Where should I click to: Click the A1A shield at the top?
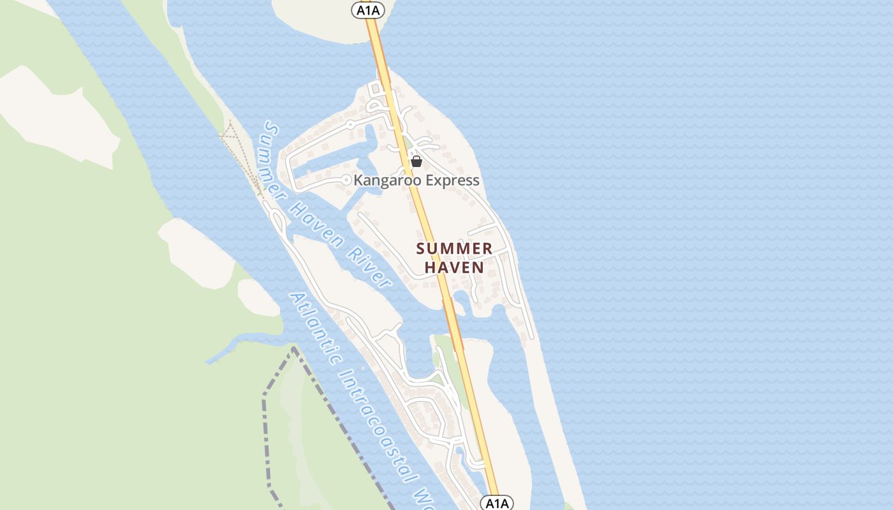coord(369,10)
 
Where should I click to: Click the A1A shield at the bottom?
coord(496,503)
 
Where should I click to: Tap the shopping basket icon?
coord(417,161)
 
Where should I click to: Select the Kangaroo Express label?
coord(416,180)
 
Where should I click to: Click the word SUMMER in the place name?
coord(454,249)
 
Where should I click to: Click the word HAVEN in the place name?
coord(454,267)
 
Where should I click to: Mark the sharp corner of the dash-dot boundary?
coord(294,348)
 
